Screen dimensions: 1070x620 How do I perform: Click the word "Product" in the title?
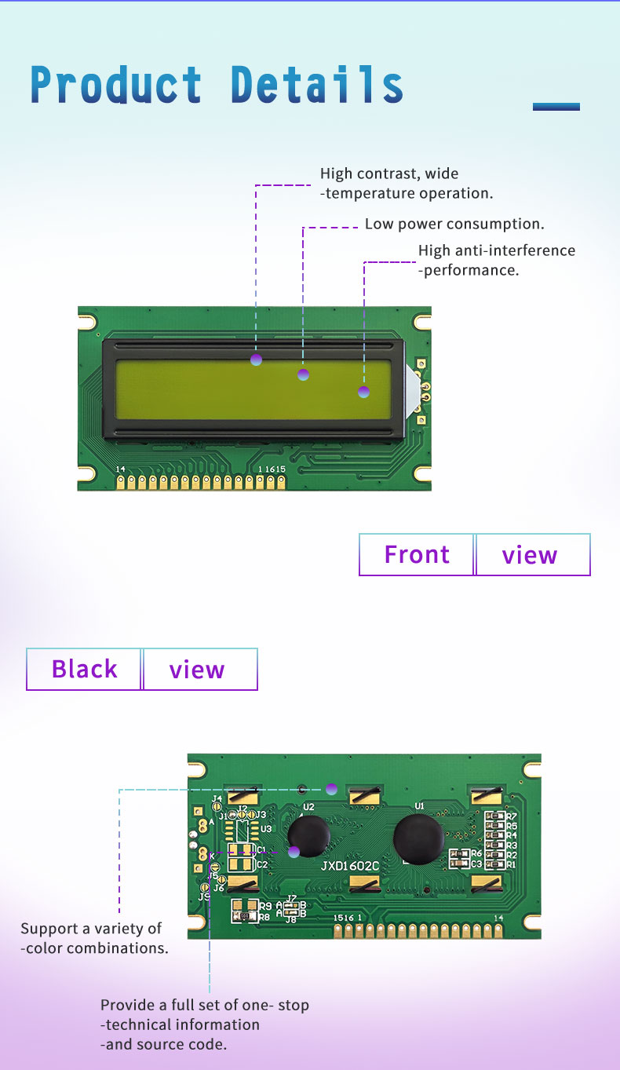tap(116, 85)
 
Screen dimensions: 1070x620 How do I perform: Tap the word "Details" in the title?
tap(317, 85)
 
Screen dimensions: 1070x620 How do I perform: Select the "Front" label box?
tap(417, 555)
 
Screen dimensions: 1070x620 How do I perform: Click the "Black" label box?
tap(84, 669)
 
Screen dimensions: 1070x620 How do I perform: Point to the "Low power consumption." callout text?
tap(454, 224)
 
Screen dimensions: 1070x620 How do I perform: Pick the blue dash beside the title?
tap(556, 107)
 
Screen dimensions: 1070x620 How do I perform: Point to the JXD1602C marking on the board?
tap(350, 866)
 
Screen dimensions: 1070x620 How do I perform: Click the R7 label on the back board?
tap(512, 817)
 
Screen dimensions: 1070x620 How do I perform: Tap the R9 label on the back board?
tap(265, 906)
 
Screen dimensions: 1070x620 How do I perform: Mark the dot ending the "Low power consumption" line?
tap(304, 374)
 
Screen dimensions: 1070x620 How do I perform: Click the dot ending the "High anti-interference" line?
tap(363, 392)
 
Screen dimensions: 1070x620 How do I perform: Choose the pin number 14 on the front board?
tap(120, 469)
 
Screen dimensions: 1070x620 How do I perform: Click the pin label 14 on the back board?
tap(498, 918)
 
